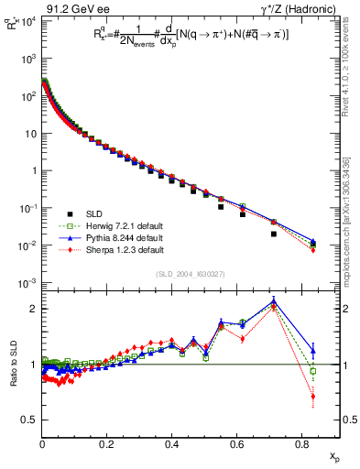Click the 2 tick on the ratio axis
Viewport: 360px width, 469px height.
click(x=33, y=309)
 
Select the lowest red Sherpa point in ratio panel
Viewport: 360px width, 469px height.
click(x=313, y=397)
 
